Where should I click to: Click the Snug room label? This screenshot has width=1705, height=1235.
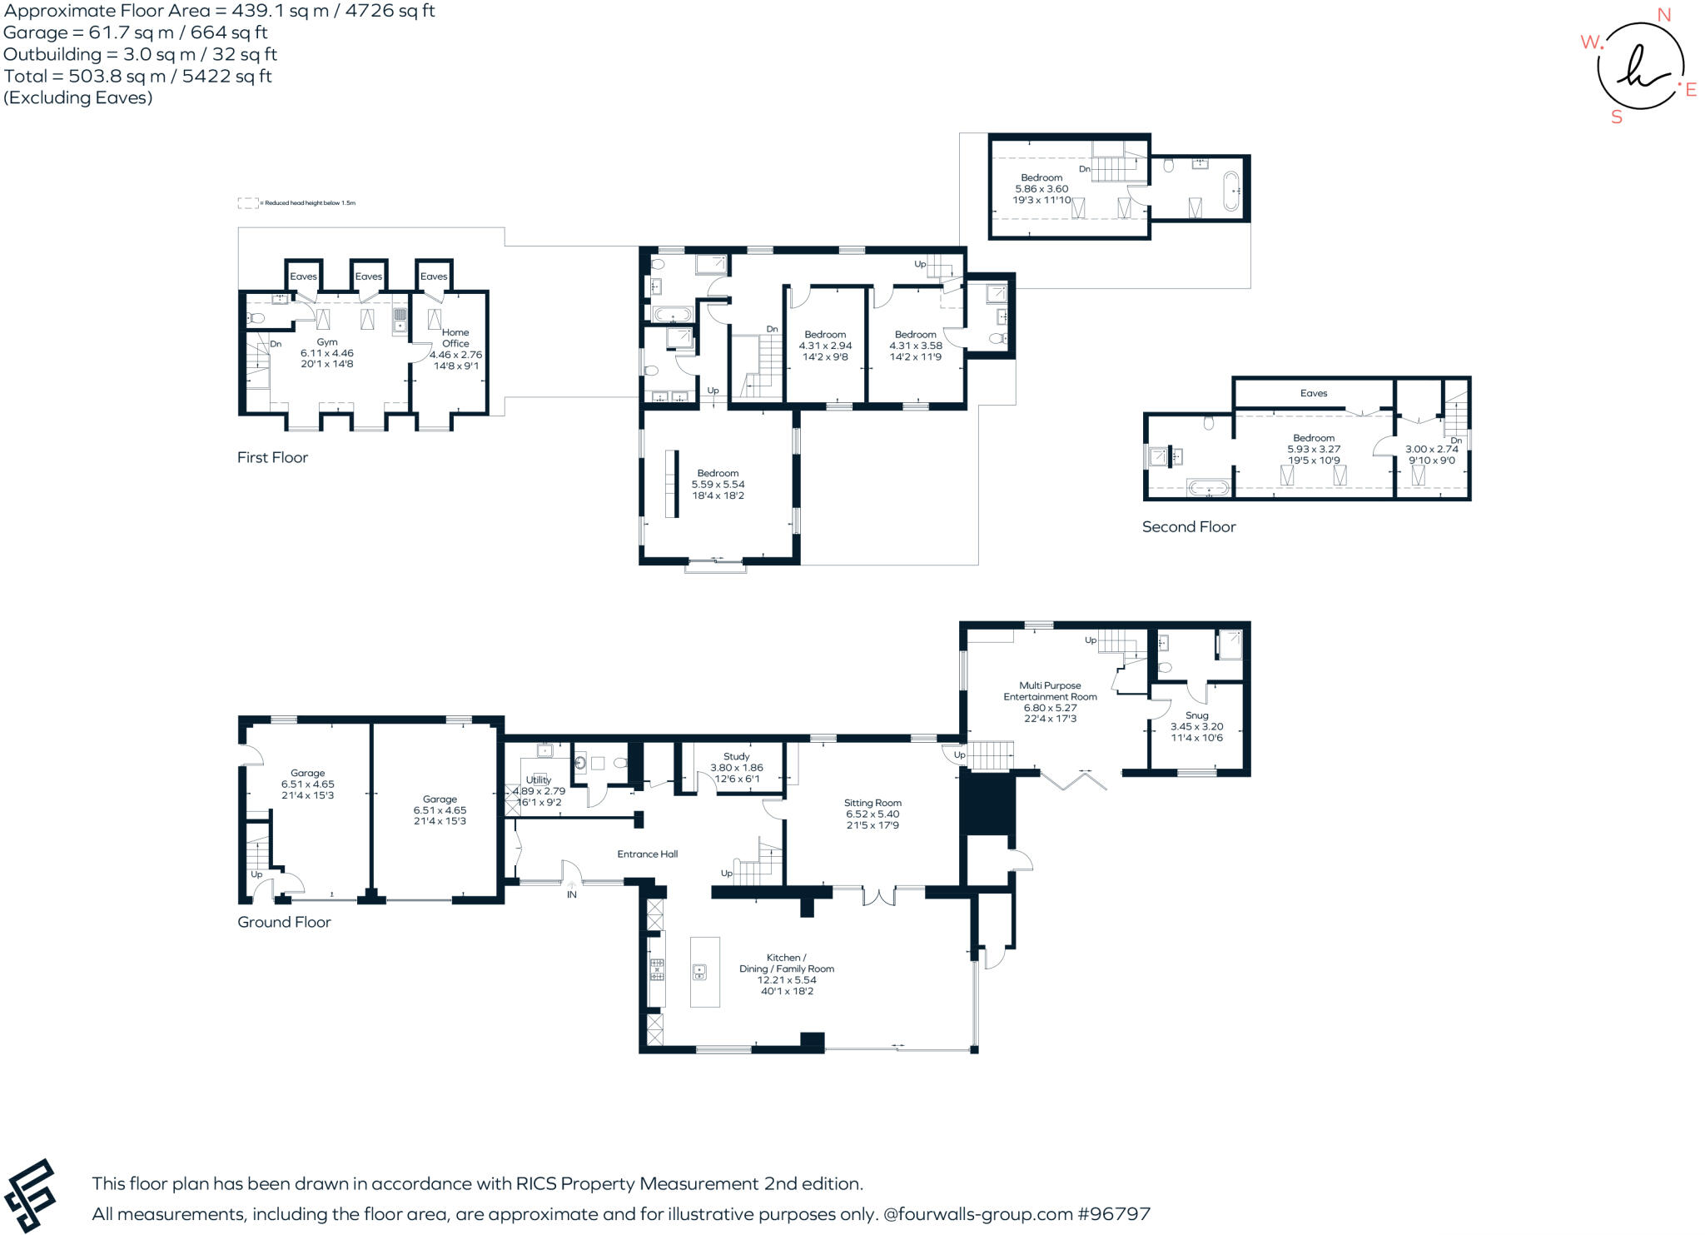1196,715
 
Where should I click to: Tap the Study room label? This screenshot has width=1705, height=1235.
736,757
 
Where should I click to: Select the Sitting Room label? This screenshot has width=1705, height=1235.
872,803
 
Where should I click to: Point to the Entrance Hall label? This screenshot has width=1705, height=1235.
647,854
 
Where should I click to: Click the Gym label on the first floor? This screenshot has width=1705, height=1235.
327,342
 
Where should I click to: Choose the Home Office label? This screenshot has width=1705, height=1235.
455,337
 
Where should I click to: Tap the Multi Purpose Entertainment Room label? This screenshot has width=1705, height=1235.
1050,691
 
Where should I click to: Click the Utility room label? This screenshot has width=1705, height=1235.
539,779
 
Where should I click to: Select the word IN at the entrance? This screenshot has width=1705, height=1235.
572,895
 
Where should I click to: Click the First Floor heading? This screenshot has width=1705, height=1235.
272,457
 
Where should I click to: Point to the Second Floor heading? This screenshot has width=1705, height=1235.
1189,526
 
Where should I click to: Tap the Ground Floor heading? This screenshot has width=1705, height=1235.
284,922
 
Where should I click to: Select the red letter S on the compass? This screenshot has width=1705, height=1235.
1617,117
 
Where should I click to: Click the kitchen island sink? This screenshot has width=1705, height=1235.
700,971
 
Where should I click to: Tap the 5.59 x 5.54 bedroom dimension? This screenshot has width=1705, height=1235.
718,484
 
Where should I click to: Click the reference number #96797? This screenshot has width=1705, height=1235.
1114,1214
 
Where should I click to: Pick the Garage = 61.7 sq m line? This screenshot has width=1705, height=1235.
136,32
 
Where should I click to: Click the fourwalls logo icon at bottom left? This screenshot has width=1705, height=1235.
29,1196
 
